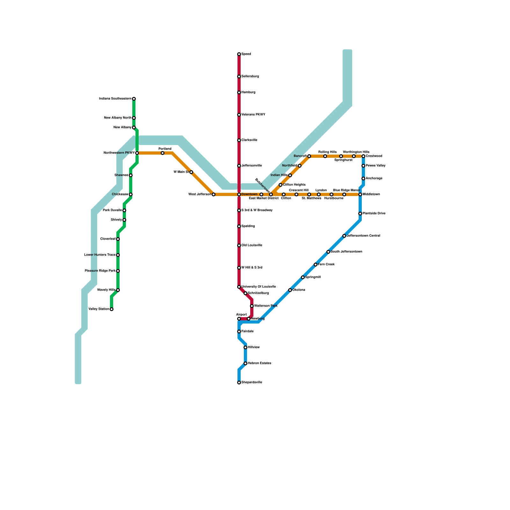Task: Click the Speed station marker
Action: [x=239, y=54]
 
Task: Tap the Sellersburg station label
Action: [x=250, y=76]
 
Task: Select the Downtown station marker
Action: [x=239, y=194]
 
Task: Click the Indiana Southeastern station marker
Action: [x=134, y=99]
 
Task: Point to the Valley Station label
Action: [x=98, y=309]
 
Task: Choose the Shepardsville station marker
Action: [x=239, y=382]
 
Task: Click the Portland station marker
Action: [x=163, y=153]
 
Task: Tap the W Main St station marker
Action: [x=191, y=172]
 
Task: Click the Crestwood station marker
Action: [x=363, y=156]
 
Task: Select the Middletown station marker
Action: [x=360, y=194]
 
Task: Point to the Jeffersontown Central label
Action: [x=363, y=236]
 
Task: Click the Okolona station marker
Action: [x=290, y=290]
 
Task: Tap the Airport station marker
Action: [x=239, y=319]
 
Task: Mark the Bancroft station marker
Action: [x=309, y=156]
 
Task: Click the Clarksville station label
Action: [x=249, y=140]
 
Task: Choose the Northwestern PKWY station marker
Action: [x=137, y=153]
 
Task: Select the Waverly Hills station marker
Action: [x=118, y=290]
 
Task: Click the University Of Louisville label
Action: [x=259, y=287]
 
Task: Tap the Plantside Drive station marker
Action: [x=360, y=214]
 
